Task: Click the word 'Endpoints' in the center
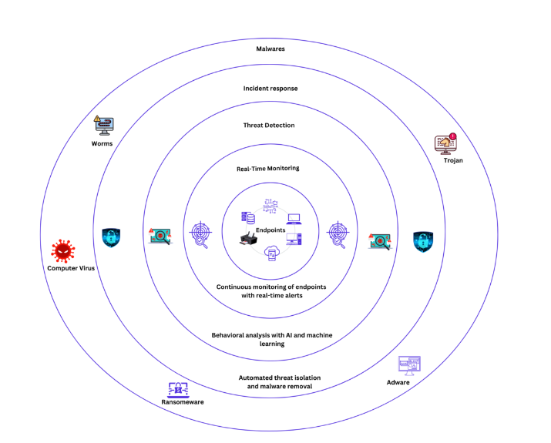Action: pyautogui.click(x=270, y=230)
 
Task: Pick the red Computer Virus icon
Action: pyautogui.click(x=63, y=250)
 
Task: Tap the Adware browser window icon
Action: pyautogui.click(x=409, y=364)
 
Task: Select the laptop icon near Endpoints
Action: pyautogui.click(x=294, y=219)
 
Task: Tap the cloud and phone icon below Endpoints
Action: pyautogui.click(x=271, y=253)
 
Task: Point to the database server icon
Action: pyautogui.click(x=248, y=217)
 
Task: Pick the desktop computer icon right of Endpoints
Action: pyautogui.click(x=294, y=240)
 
